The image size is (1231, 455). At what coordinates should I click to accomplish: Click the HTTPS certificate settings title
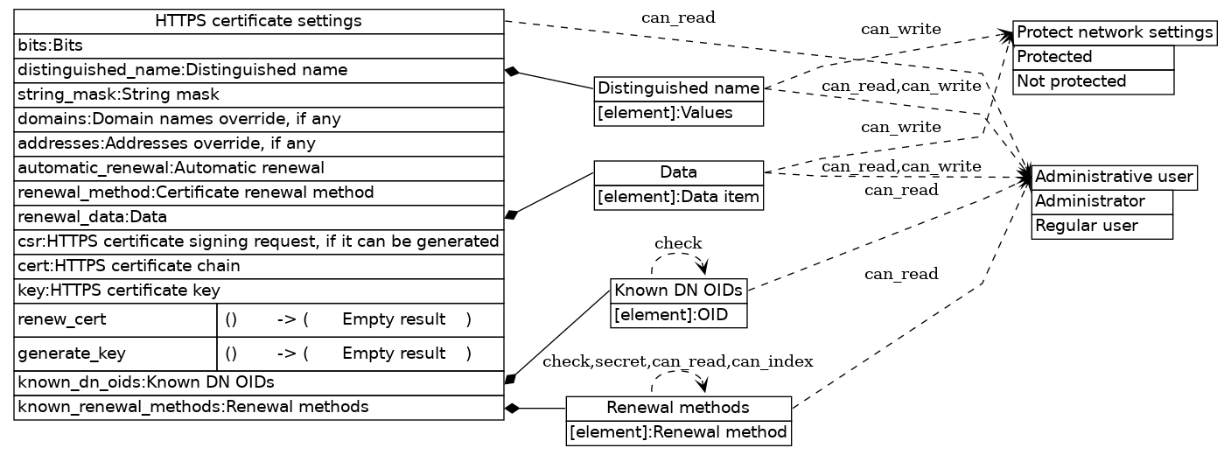[258, 21]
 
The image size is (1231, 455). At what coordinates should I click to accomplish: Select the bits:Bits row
[258, 45]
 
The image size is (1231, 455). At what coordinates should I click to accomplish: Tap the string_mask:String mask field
[258, 94]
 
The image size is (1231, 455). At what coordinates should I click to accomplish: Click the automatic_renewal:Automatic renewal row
[258, 168]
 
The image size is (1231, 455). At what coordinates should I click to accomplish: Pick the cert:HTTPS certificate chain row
[258, 266]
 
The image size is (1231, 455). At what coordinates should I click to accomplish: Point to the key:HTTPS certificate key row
[258, 290]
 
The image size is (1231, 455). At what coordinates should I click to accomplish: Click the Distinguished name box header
[679, 88]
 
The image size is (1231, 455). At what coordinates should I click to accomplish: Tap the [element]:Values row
[679, 113]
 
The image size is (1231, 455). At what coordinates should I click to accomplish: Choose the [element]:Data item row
[679, 198]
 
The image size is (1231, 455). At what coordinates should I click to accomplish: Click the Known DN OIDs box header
[679, 290]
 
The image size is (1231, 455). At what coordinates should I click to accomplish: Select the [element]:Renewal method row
[679, 432]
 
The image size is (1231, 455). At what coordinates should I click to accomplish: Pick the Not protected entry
[1093, 81]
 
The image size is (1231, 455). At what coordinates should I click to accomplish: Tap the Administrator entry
[1102, 202]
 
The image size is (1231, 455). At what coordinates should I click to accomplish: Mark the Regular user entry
[1102, 226]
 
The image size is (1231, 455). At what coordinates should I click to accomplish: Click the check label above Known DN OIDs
[678, 242]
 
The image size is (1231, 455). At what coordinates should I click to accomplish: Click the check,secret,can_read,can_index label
[678, 361]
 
